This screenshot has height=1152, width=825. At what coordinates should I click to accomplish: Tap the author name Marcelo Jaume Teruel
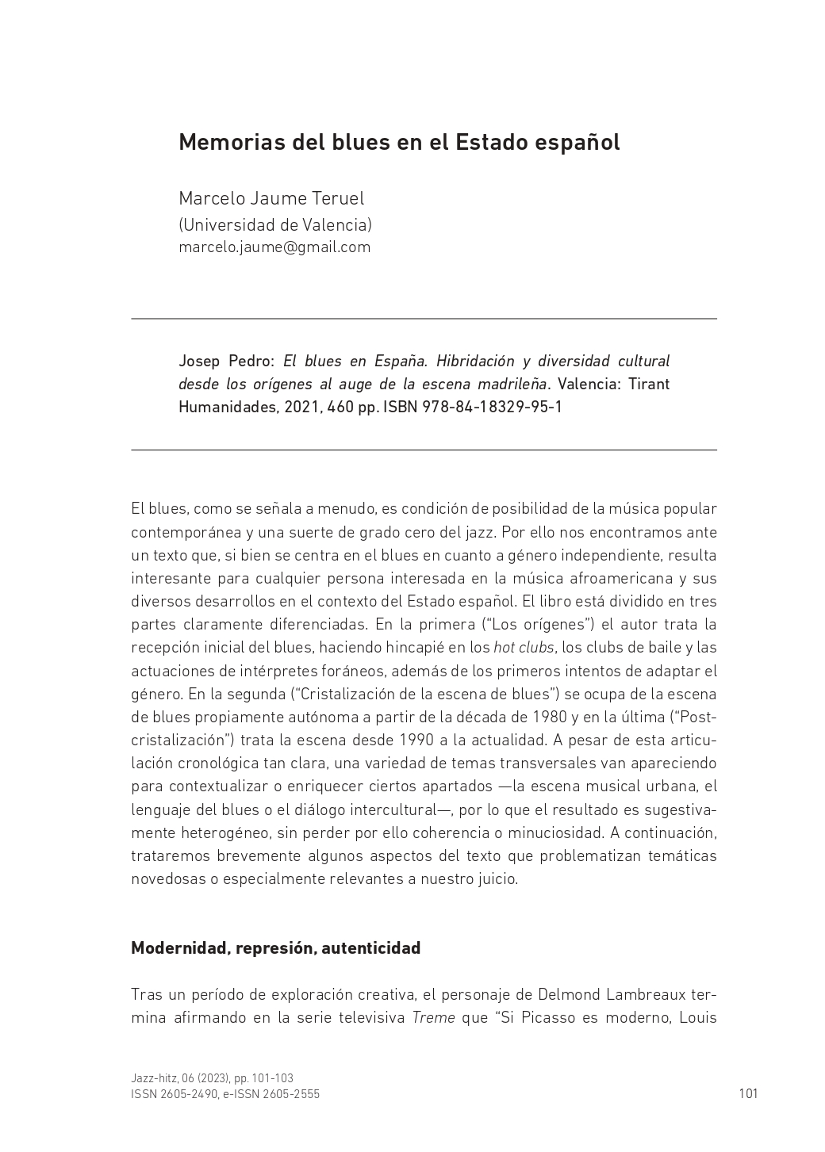[x=271, y=198]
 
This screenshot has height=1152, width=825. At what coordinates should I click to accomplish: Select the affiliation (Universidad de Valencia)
[x=275, y=225]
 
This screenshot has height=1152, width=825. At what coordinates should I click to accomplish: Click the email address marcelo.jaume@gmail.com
[x=274, y=247]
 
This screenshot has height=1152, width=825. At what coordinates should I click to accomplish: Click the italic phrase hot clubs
[x=524, y=648]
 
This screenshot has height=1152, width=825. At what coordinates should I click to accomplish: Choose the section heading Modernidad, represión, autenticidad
[x=275, y=948]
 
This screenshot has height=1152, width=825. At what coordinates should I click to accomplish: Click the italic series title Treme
[x=433, y=1018]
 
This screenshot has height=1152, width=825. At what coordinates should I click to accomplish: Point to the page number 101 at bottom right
[x=748, y=1094]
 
